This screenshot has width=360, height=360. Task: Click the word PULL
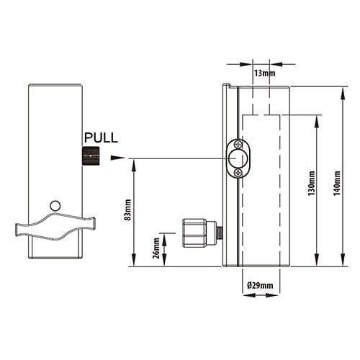click(101, 138)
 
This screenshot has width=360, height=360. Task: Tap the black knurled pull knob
click(91, 156)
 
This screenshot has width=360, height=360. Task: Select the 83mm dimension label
click(128, 210)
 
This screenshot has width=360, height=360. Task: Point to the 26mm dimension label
click(156, 248)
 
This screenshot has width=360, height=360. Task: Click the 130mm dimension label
click(312, 183)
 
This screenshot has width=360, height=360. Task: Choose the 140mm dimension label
click(337, 183)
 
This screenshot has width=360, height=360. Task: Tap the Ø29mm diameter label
click(260, 285)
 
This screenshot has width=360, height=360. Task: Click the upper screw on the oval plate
click(238, 145)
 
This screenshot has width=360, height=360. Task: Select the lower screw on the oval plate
click(238, 172)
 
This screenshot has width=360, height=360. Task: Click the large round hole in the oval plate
click(235, 158)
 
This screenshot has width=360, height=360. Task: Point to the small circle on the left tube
click(55, 206)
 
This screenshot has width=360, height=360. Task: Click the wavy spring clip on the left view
click(55, 227)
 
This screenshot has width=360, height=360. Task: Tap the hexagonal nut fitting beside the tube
click(194, 233)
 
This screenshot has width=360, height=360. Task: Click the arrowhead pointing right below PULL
click(118, 158)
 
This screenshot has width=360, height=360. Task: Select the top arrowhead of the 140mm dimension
click(343, 94)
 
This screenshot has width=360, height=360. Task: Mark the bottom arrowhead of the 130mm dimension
click(317, 260)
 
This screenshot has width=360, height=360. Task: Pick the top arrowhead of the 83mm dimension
click(134, 166)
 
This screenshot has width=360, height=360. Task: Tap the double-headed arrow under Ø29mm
click(261, 295)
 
